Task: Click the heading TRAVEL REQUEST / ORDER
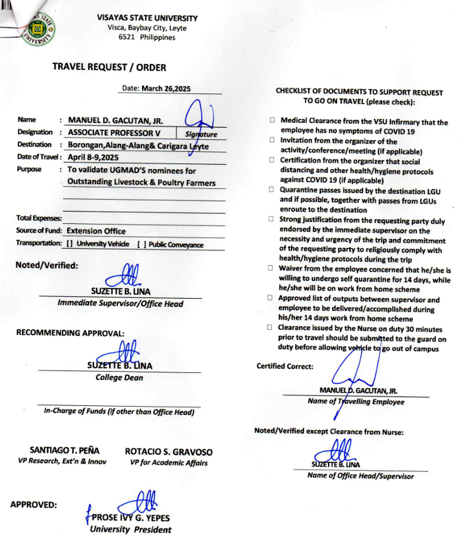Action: click(109, 67)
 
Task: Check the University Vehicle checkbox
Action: click(70, 244)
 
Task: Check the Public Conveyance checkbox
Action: click(141, 244)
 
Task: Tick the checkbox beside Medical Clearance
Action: click(272, 120)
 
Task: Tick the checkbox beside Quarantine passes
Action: click(272, 189)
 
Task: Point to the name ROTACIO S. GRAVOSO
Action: click(169, 452)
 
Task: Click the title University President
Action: click(131, 530)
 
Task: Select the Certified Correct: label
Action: click(285, 365)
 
